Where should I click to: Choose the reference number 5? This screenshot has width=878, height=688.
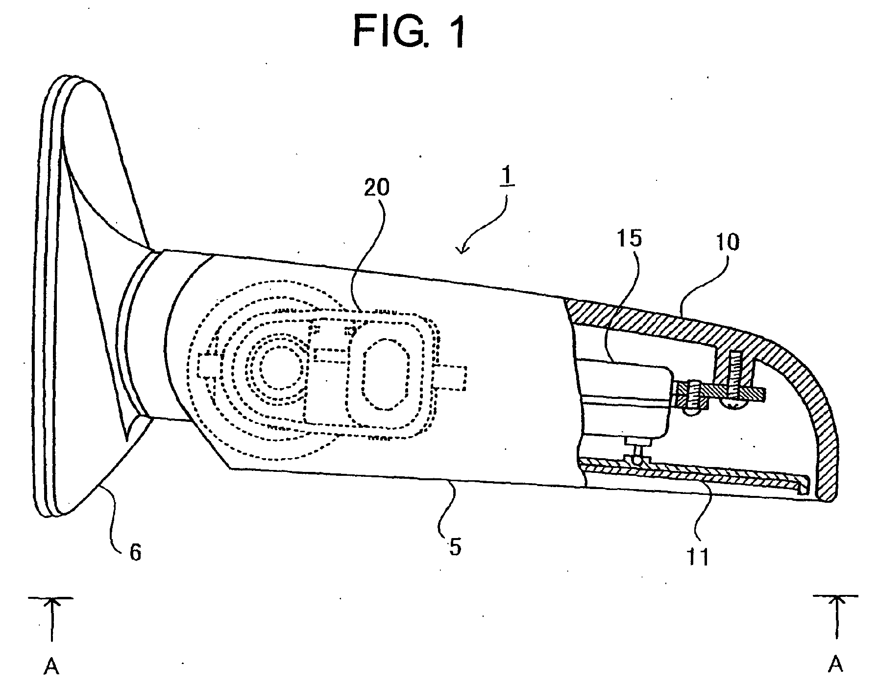click(x=455, y=546)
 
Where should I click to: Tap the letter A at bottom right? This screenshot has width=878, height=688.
click(x=836, y=664)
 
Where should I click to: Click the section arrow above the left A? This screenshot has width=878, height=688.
click(x=51, y=619)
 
